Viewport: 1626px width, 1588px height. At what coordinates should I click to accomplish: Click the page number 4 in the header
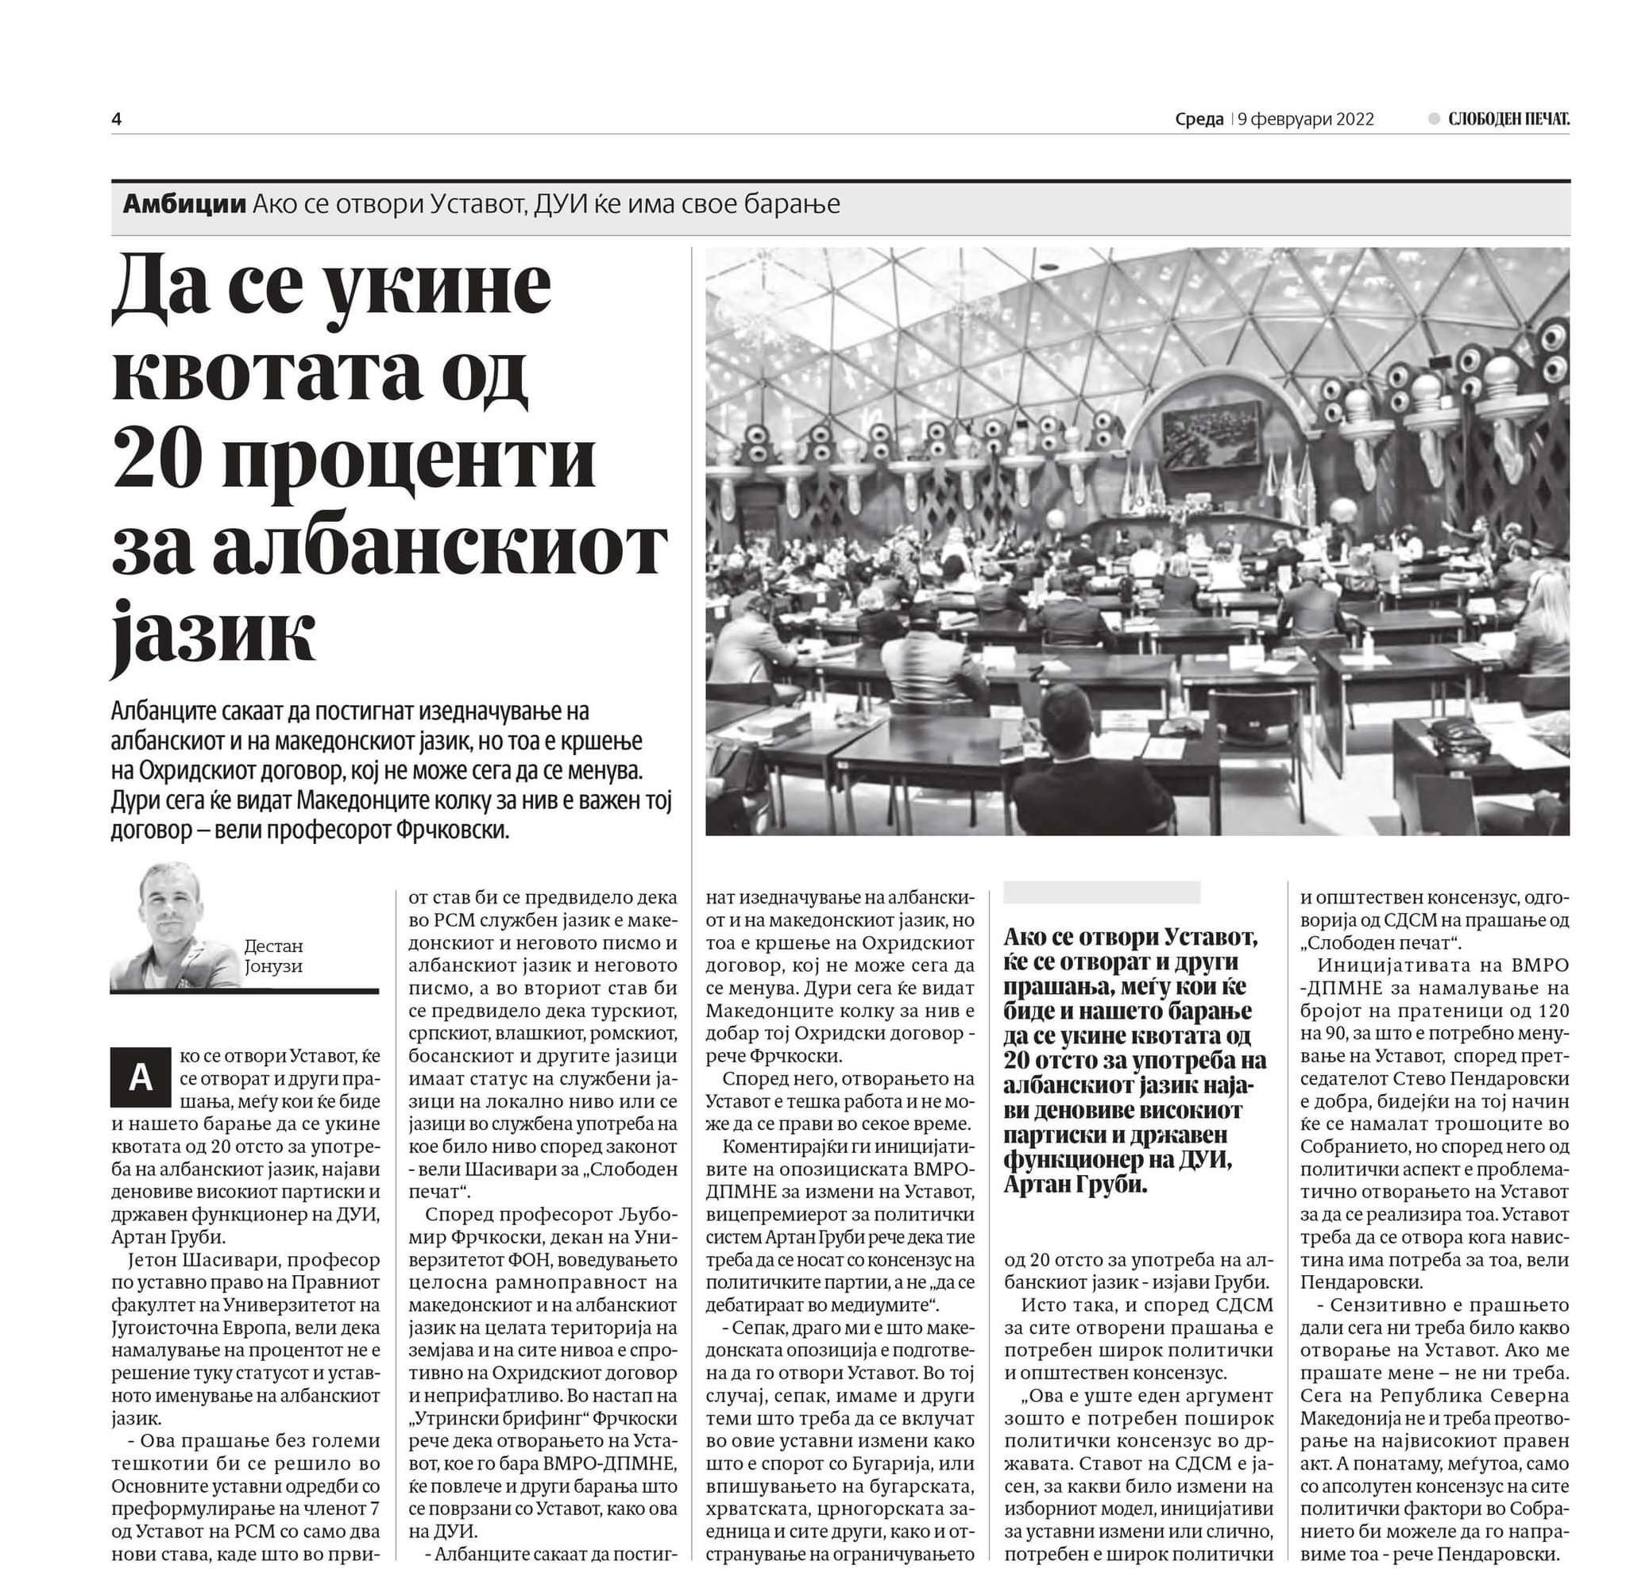click(117, 119)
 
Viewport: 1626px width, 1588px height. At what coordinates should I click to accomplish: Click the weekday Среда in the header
click(1199, 119)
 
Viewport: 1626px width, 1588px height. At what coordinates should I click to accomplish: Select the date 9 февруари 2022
click(1306, 119)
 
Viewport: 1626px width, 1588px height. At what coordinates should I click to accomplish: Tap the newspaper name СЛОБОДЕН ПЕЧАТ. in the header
click(1508, 119)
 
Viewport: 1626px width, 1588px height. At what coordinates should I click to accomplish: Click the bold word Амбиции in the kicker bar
click(184, 204)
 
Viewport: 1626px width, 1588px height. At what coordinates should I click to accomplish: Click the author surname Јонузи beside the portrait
click(273, 966)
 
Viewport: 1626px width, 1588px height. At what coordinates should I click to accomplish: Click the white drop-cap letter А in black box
click(140, 1077)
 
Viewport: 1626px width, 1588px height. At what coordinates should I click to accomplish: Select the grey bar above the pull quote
click(1101, 892)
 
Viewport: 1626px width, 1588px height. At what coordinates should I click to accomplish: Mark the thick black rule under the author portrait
click(245, 991)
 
